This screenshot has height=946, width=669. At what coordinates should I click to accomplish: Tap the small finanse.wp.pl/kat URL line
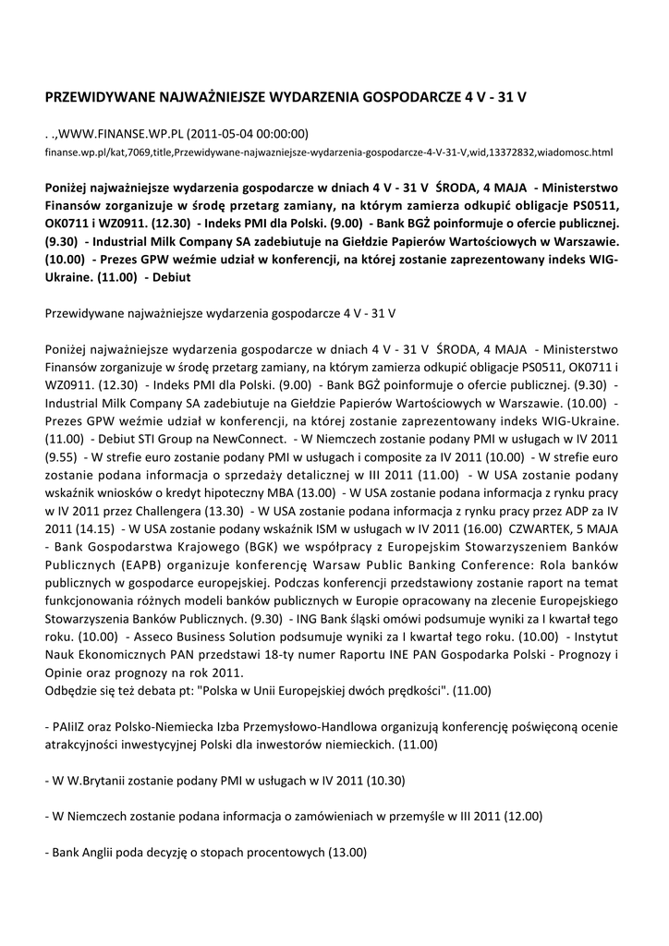click(329, 150)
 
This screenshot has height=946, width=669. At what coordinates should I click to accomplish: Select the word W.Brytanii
click(103, 782)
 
